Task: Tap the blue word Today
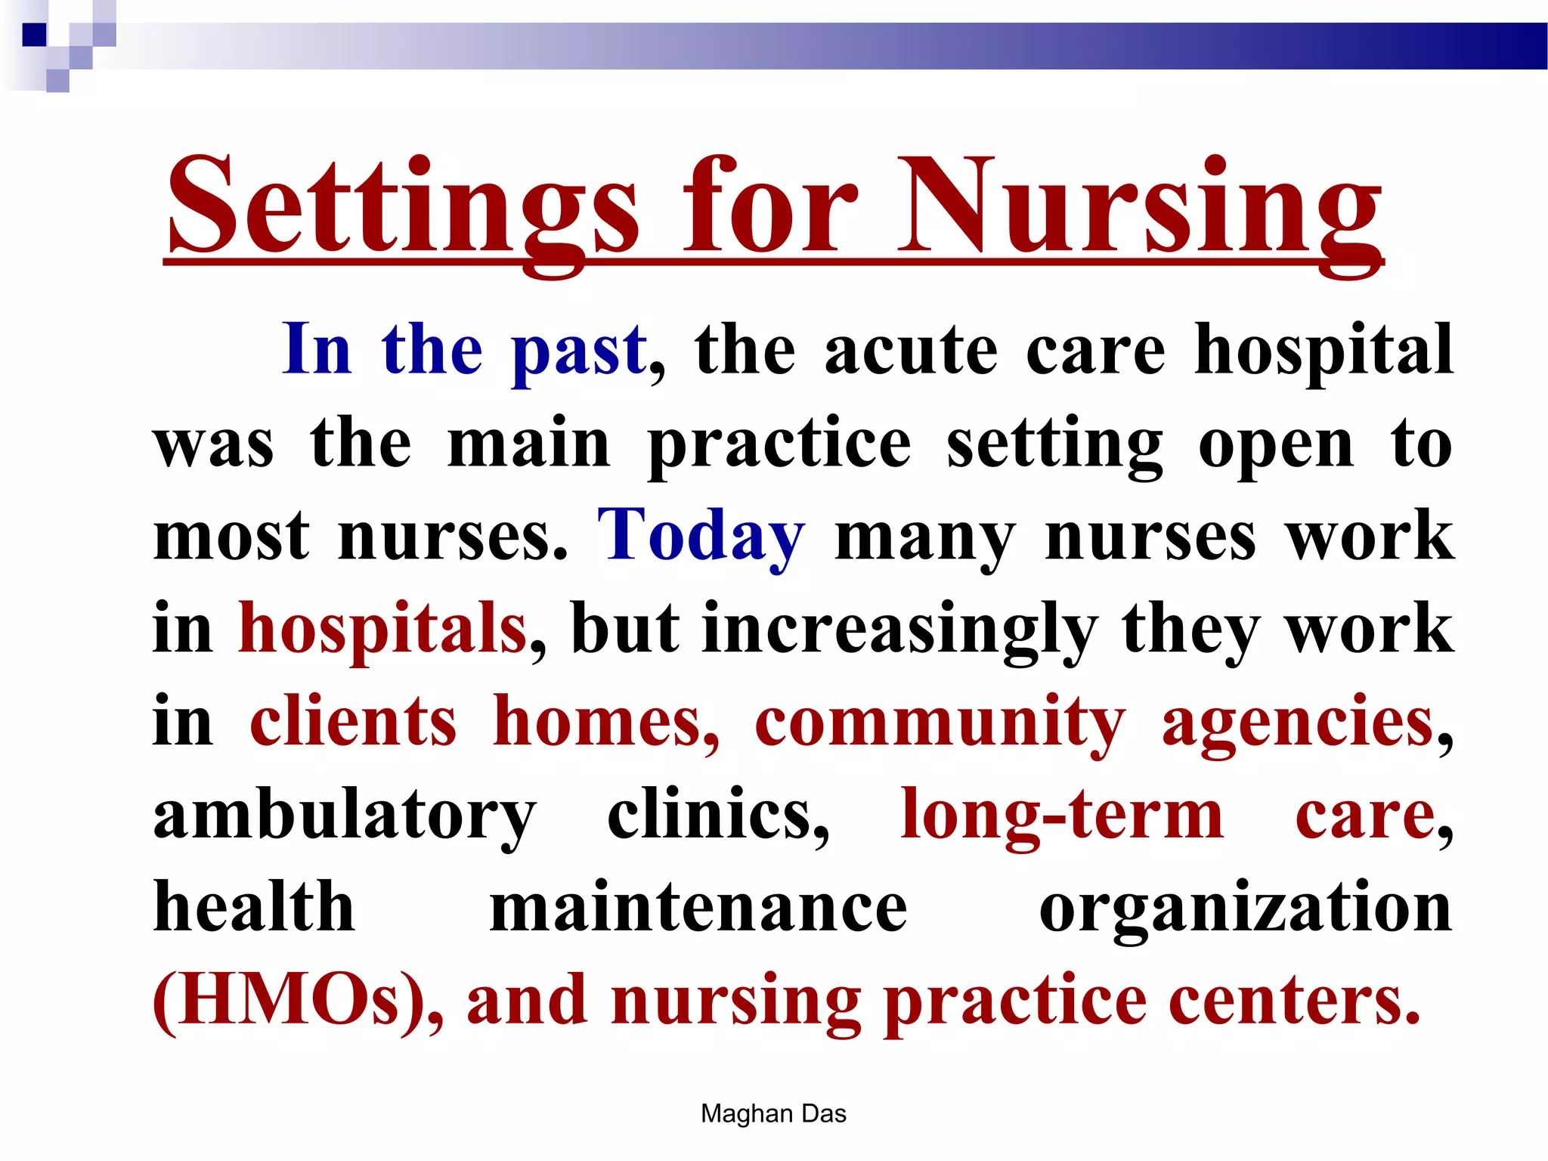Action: (701, 535)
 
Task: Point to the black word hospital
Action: (1324, 350)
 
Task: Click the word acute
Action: (911, 350)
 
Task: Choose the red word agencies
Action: (1297, 722)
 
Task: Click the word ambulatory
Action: (345, 815)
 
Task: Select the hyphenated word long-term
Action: (1061, 815)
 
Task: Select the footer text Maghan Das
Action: (773, 1113)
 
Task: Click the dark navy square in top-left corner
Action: (34, 35)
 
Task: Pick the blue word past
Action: (579, 350)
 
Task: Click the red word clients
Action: (353, 722)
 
